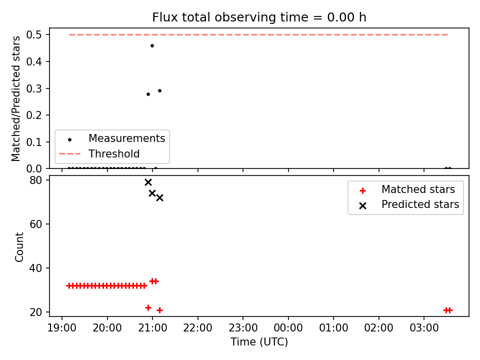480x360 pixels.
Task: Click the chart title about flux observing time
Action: (x=259, y=17)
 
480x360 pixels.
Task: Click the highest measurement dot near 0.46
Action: (x=152, y=46)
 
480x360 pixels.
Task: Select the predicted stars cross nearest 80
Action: (x=148, y=182)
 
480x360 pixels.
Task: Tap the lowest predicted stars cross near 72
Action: (x=159, y=198)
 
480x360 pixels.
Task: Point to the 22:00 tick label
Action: (x=198, y=328)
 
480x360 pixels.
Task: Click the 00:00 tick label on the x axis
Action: (x=288, y=328)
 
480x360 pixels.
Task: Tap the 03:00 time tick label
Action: (x=424, y=328)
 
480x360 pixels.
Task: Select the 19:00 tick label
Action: (x=62, y=328)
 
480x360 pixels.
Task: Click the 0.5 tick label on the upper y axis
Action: (x=34, y=35)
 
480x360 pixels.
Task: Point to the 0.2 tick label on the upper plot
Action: (x=34, y=115)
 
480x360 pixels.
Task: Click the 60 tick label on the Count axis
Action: (x=36, y=224)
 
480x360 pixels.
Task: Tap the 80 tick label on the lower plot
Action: (x=36, y=180)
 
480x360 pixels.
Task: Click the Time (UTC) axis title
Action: (x=259, y=342)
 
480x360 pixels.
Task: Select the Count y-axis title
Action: (x=19, y=247)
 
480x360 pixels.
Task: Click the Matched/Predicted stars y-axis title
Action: (x=16, y=98)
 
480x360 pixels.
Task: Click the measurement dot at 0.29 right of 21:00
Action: (x=159, y=91)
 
